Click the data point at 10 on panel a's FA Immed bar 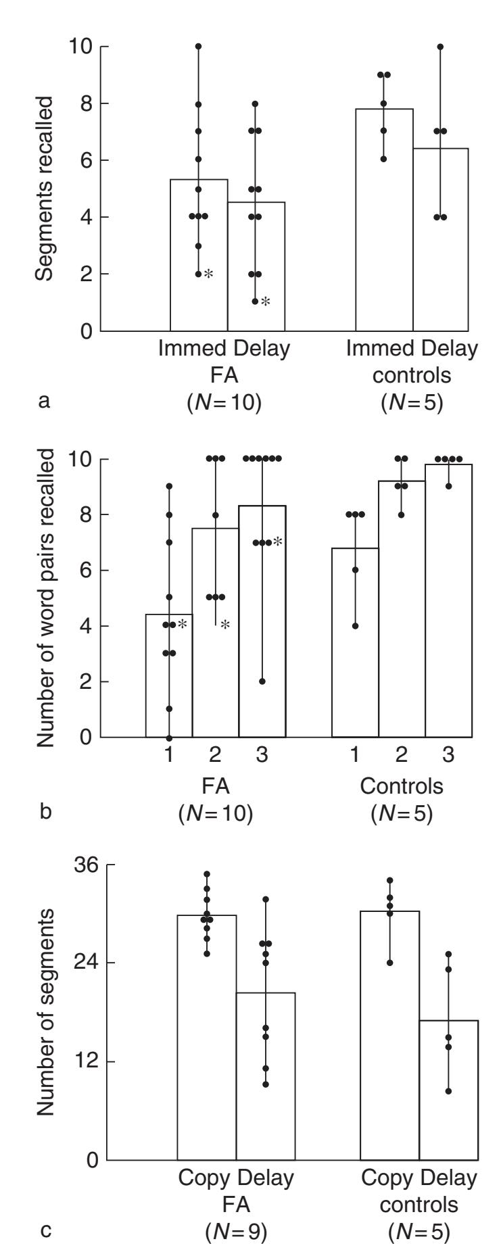click(x=199, y=46)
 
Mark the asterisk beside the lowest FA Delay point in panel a click(x=266, y=302)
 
